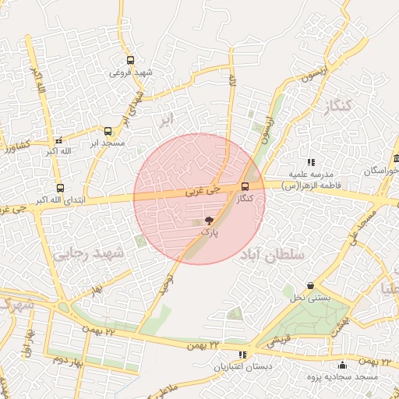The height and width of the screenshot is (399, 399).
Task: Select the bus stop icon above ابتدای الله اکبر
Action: point(60,188)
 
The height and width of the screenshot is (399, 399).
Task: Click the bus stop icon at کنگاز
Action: point(245,186)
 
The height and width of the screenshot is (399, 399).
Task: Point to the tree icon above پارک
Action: point(208,221)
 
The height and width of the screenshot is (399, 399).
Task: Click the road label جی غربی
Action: point(203,189)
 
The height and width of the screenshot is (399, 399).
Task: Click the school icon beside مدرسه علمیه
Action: point(311,163)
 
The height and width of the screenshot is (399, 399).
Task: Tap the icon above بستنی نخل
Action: point(311,286)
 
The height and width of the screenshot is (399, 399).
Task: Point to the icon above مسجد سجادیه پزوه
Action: point(342,365)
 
